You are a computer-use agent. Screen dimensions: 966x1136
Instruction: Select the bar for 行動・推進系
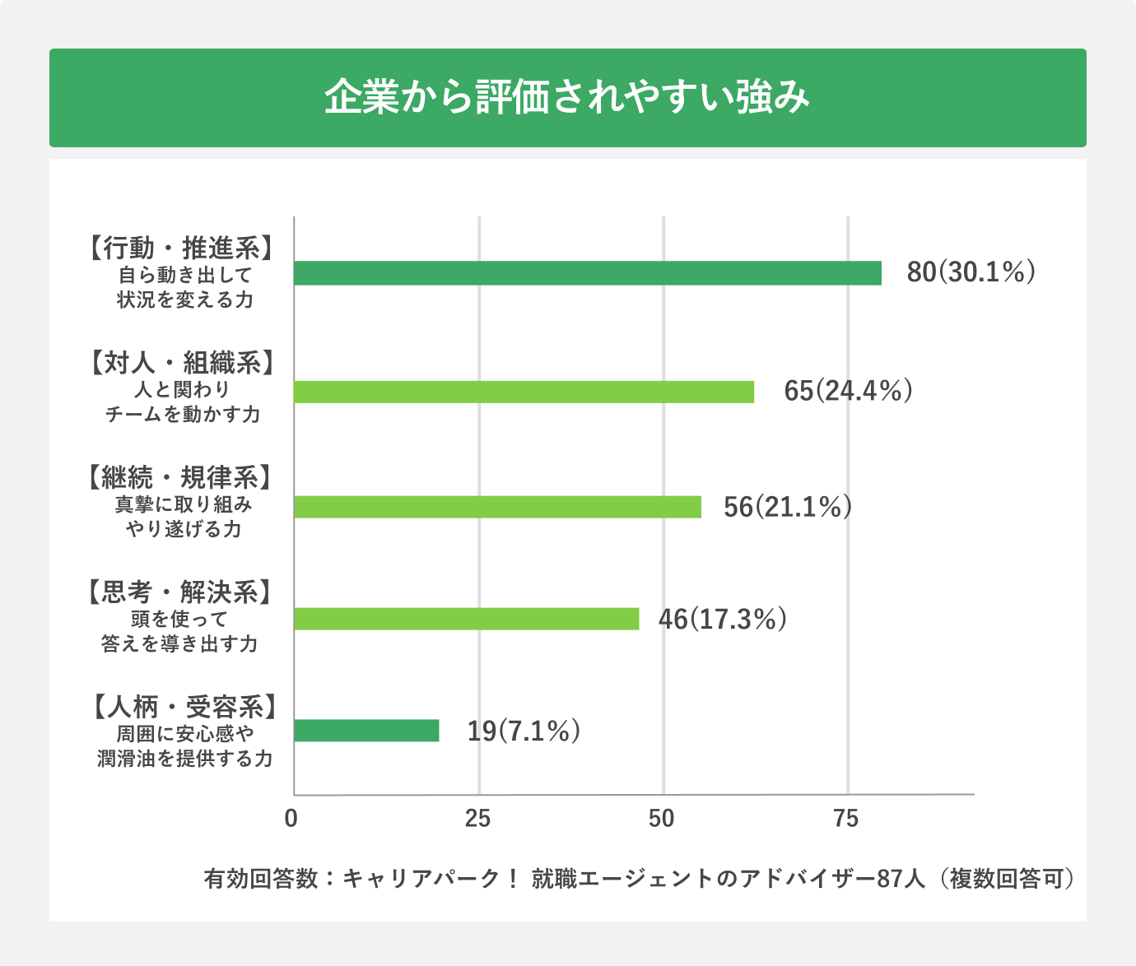click(588, 273)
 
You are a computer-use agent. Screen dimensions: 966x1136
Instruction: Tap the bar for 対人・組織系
click(524, 392)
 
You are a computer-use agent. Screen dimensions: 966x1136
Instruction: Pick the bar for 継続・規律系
click(497, 507)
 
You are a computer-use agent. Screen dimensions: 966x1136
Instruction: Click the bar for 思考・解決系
click(466, 619)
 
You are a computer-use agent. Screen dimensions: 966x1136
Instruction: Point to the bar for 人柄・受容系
click(366, 731)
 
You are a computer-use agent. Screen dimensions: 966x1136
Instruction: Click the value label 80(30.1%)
click(971, 272)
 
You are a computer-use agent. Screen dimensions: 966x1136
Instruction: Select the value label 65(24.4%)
click(848, 391)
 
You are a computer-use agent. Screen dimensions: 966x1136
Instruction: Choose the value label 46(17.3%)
click(722, 619)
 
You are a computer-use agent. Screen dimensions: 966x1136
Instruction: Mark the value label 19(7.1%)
click(524, 731)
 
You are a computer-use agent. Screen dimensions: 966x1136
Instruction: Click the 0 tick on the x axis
click(291, 819)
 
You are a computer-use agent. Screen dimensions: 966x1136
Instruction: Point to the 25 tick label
click(477, 819)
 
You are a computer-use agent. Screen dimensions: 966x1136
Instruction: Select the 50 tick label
click(662, 819)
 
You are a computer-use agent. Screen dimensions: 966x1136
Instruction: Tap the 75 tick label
click(846, 819)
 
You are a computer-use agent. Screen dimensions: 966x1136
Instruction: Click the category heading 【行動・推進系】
click(181, 248)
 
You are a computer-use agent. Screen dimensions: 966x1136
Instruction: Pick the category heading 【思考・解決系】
click(179, 592)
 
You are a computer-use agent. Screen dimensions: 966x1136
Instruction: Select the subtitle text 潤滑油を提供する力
click(184, 758)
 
